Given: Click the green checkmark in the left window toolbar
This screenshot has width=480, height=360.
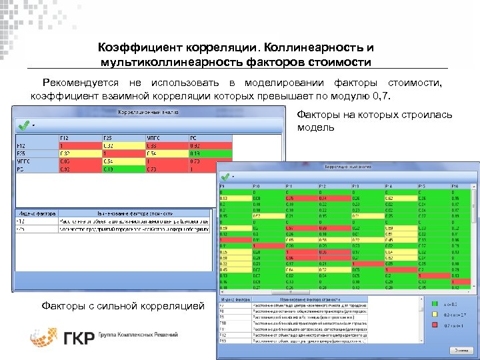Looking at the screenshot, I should (24, 125).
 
